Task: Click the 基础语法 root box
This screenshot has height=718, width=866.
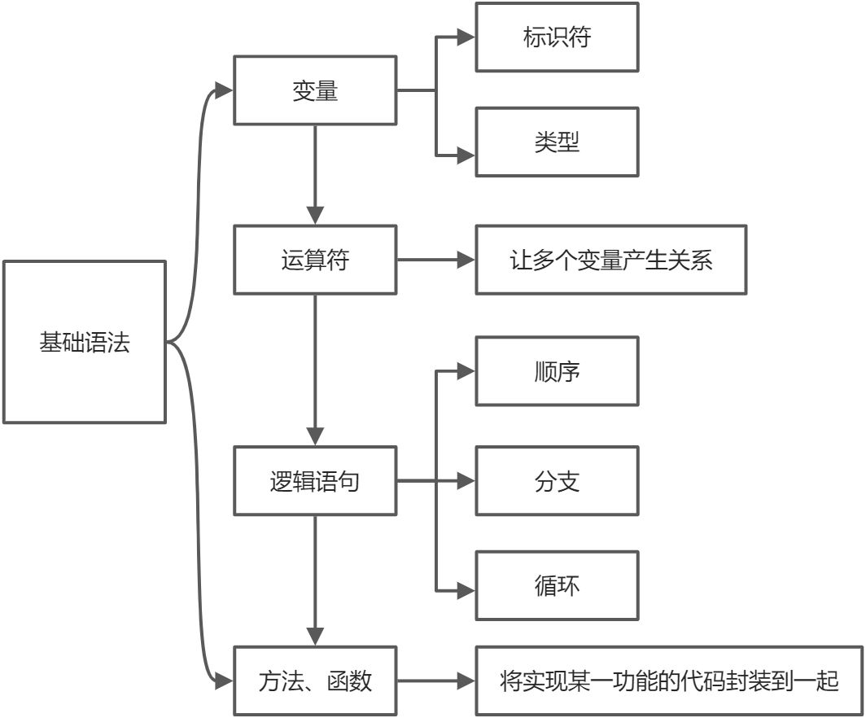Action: point(85,342)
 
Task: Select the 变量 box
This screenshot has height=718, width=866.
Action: point(315,90)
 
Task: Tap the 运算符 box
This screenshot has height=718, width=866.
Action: point(315,260)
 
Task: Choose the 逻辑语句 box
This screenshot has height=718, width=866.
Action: point(315,480)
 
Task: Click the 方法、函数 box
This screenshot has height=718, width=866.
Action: point(315,681)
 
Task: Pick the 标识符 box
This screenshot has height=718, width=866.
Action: point(558,37)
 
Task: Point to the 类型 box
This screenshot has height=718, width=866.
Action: point(558,142)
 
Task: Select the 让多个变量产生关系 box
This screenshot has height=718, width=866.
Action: point(610,260)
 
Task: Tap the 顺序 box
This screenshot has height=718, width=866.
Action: point(558,371)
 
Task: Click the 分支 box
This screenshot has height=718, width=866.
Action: point(558,480)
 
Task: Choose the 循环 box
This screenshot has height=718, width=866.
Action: point(558,585)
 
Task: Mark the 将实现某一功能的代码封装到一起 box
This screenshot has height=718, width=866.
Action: point(669,681)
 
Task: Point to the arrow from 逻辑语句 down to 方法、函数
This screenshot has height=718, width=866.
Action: point(315,578)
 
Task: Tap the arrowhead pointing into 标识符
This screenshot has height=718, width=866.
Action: point(466,37)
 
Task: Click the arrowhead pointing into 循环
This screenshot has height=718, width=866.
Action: point(466,589)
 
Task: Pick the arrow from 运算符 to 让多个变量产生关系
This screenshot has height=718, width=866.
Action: point(435,260)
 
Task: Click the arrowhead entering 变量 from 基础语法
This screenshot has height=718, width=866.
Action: point(225,90)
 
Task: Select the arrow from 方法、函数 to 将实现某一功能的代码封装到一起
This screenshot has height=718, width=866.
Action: point(435,681)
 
